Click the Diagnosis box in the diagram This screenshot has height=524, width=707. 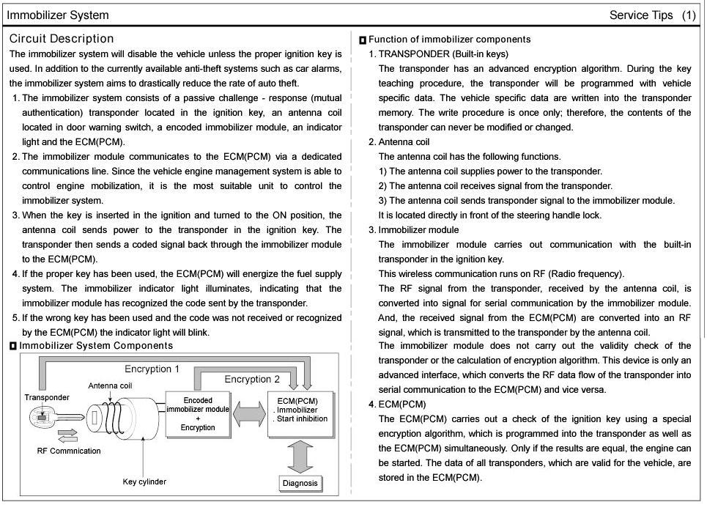click(x=300, y=483)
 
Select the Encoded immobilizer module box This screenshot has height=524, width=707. click(x=198, y=414)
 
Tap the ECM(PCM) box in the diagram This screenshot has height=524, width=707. click(x=301, y=414)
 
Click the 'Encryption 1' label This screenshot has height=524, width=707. click(x=152, y=369)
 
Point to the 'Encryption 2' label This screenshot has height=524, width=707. click(x=252, y=379)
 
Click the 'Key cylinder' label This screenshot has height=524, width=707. click(x=144, y=481)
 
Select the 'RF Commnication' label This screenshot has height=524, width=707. click(x=69, y=451)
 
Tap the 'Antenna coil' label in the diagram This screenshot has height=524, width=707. click(x=110, y=385)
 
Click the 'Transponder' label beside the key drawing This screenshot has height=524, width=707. click(x=47, y=397)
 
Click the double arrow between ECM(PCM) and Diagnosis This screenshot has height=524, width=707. click(x=300, y=456)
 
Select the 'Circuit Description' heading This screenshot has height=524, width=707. click(x=62, y=39)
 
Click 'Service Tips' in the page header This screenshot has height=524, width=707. click(x=640, y=15)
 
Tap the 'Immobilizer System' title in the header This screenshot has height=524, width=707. click(x=58, y=15)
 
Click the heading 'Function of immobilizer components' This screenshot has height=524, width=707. click(x=449, y=40)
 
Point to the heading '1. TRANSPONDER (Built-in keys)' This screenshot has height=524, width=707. click(x=438, y=54)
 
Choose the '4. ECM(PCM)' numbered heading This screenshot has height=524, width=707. click(x=397, y=405)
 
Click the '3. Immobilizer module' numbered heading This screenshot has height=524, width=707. click(x=413, y=230)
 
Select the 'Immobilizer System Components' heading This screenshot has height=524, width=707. click(x=96, y=346)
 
